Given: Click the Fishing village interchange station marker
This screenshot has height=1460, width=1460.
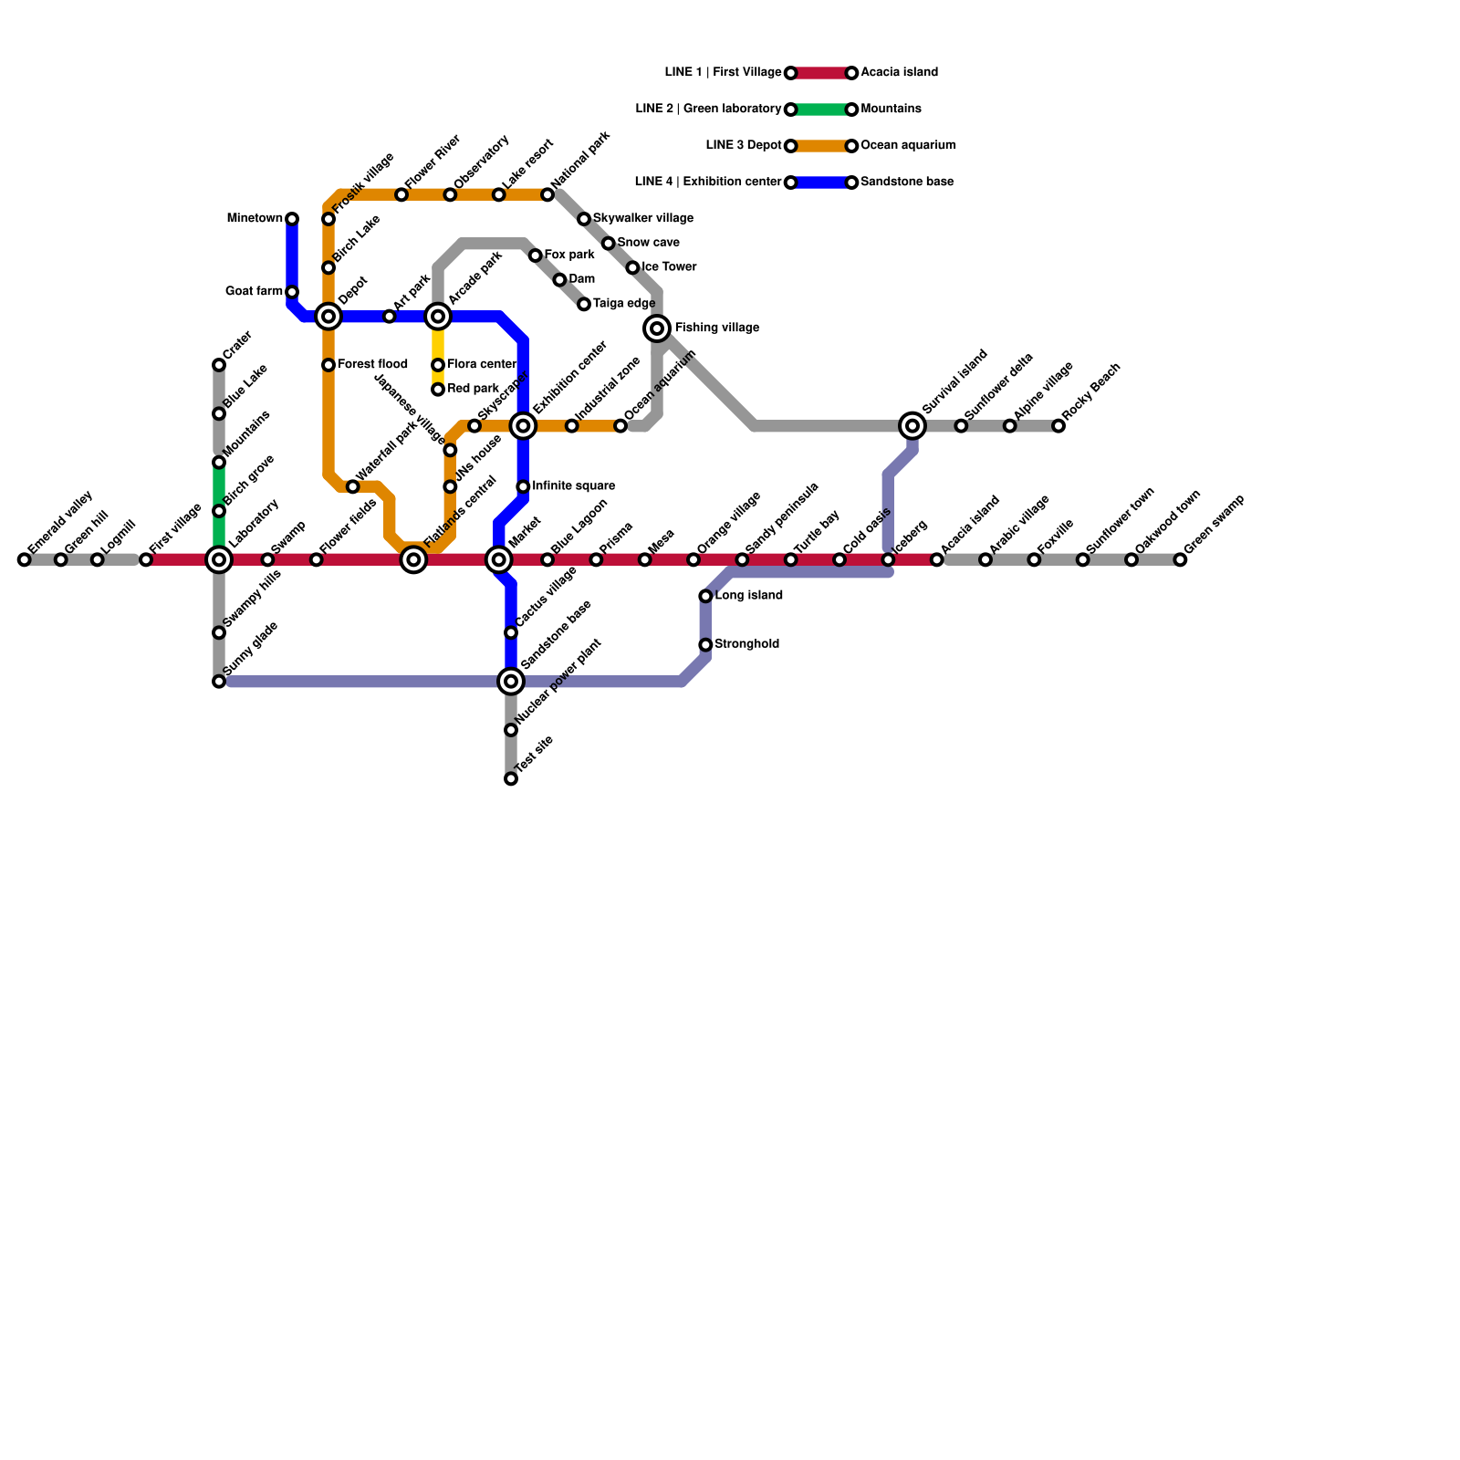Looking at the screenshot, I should coord(657,328).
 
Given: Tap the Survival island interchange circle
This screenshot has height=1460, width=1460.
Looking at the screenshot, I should coord(912,425).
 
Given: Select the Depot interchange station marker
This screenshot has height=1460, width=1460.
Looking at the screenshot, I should coord(328,317).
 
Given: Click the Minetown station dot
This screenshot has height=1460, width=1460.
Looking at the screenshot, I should coord(292,219).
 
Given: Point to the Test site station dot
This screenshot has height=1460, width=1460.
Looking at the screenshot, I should coord(511,779).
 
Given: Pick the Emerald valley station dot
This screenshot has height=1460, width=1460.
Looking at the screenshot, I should coord(25,559).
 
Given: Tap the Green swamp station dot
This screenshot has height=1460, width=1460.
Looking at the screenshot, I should coord(1180,559).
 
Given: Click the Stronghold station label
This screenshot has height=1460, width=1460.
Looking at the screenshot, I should coord(746,644).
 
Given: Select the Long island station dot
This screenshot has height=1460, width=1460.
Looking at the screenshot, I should coord(705,596).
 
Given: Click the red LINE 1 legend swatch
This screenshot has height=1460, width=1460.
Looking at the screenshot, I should coord(821,73).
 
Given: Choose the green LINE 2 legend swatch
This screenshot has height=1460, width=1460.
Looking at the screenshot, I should coord(821,109).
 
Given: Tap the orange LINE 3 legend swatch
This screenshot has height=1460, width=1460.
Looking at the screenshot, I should coord(821,146).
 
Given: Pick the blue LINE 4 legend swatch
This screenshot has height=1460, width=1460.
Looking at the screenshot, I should coord(821,182).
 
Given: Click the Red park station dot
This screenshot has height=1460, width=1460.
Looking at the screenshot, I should coord(438,390).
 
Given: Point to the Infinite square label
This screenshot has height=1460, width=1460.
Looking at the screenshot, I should coord(573,486).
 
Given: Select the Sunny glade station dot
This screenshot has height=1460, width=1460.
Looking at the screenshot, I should coord(219,682).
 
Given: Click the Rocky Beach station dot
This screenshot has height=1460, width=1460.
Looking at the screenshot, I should coord(1058,426).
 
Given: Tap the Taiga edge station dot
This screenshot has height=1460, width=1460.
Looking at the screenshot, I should coord(584,304).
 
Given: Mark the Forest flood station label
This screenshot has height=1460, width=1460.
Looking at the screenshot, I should coord(372,365).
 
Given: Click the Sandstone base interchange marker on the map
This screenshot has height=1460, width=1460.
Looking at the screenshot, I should coord(511,681).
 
